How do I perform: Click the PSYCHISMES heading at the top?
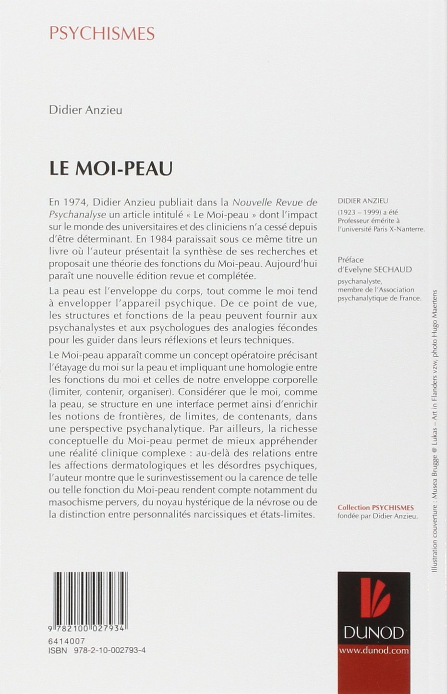click(102, 34)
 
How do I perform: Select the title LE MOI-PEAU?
click(111, 169)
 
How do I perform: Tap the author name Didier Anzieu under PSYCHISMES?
click(85, 110)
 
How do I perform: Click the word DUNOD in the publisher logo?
click(374, 633)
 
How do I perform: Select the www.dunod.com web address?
click(374, 650)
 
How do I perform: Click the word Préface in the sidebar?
click(350, 260)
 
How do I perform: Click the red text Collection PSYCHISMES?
click(375, 507)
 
